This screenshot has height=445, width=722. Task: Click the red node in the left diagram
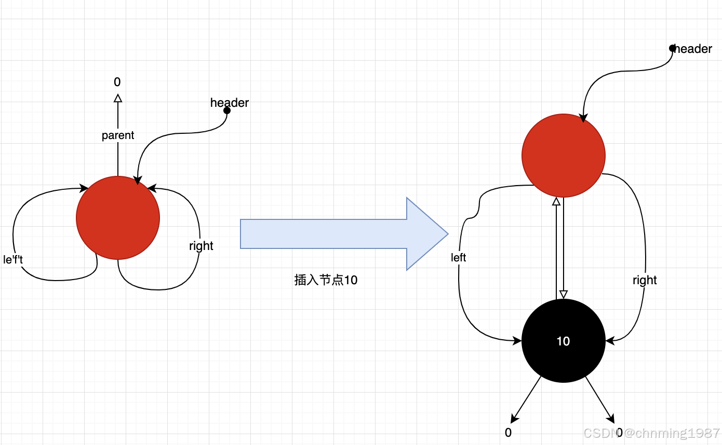(x=118, y=218)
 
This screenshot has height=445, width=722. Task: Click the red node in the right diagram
(x=564, y=156)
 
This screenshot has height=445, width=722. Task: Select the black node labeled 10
(x=564, y=341)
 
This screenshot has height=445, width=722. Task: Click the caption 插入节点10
(x=326, y=280)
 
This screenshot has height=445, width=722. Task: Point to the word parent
(x=118, y=135)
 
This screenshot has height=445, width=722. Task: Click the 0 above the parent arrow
(x=117, y=82)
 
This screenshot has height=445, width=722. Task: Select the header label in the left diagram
(x=230, y=103)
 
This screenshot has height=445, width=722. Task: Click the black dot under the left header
(x=227, y=110)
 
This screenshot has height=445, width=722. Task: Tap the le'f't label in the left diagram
(x=13, y=259)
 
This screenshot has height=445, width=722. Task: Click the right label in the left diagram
(x=201, y=246)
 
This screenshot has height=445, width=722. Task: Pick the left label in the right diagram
(x=459, y=257)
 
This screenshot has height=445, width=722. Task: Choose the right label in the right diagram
(x=645, y=280)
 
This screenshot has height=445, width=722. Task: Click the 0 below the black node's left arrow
(x=508, y=433)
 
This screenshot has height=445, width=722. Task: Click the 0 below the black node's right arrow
(x=619, y=433)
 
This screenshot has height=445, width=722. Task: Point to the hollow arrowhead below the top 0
(x=118, y=98)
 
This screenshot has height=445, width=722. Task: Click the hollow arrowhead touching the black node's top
(x=564, y=294)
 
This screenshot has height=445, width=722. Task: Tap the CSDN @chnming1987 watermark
(x=651, y=433)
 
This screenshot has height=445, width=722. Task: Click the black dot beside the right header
(x=673, y=48)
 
